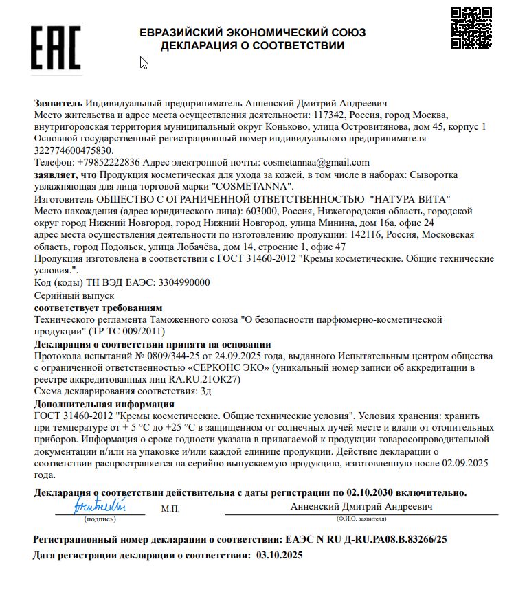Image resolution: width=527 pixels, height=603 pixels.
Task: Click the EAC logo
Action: tap(56, 45)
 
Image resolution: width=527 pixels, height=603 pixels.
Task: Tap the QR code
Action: tap(471, 28)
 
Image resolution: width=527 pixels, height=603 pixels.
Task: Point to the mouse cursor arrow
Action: tap(144, 63)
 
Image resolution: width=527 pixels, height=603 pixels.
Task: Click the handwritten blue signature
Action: tap(100, 507)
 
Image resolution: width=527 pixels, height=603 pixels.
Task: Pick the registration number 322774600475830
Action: tap(74, 150)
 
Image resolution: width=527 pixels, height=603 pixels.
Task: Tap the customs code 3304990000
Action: tap(184, 282)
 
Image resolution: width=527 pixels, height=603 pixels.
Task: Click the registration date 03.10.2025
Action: tap(279, 555)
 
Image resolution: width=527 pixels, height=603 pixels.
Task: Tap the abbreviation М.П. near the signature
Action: tap(170, 508)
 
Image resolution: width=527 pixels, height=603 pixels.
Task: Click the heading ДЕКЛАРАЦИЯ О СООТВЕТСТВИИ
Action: tap(252, 46)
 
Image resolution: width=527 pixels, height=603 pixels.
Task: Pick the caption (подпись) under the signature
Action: tap(91, 520)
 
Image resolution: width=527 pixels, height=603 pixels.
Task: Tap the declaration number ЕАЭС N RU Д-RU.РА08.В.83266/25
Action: tap(366, 540)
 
